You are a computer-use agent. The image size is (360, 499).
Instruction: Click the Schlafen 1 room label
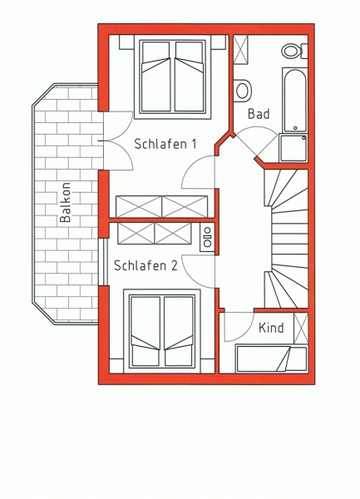coord(165,144)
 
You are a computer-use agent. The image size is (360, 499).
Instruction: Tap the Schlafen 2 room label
coord(145,265)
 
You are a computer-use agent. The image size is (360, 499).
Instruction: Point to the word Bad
coord(259,114)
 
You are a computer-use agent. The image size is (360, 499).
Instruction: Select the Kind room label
coord(271,328)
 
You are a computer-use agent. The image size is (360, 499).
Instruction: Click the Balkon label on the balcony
coord(65,202)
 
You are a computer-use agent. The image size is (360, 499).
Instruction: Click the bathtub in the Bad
coord(295,100)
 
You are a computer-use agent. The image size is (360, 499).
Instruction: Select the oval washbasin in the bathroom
coord(243,90)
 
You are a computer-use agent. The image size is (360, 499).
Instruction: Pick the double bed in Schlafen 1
coord(173,77)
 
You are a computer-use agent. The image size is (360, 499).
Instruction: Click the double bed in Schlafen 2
coord(162,330)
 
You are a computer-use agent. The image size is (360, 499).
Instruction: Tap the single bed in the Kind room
coord(271,358)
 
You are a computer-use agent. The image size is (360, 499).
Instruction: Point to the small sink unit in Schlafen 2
coord(207,237)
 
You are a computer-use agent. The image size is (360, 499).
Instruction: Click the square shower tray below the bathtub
coord(293,148)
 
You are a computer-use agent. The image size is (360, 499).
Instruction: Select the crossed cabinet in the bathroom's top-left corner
coord(240,50)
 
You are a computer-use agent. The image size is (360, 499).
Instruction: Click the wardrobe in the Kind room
coord(301,329)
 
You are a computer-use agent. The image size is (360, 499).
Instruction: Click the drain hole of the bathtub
coord(295,127)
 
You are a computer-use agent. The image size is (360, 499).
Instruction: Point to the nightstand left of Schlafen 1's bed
coord(126,42)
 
